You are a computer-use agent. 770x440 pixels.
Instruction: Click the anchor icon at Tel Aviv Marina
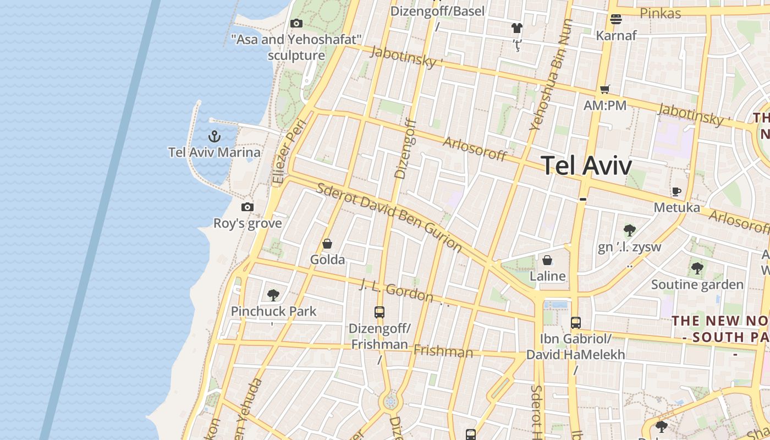point(215,136)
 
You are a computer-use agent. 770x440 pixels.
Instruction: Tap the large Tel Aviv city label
point(586,165)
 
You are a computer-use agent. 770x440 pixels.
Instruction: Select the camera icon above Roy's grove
point(248,207)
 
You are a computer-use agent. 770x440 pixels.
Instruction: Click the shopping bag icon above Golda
point(327,244)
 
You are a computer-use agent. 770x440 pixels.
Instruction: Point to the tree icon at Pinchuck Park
point(273,295)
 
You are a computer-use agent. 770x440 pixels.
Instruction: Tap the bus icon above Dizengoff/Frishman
point(380,312)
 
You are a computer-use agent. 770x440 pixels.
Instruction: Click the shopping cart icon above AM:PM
point(605,89)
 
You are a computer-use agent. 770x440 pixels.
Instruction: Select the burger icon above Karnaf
point(616,19)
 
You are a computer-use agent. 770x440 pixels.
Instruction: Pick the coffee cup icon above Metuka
point(676,191)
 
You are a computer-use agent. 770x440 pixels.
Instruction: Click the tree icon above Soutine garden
point(697,268)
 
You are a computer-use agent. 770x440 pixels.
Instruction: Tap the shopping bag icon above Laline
point(547,260)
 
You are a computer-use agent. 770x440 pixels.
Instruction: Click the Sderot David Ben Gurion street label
point(389,217)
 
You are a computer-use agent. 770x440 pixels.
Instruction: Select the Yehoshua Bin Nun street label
point(551,75)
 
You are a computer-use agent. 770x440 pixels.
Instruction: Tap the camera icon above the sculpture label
point(296,23)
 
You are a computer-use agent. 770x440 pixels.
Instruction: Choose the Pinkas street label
point(661,13)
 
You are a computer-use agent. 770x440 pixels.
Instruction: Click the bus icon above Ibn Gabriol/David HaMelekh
point(576,323)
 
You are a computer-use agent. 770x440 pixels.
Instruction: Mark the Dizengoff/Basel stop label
point(437,11)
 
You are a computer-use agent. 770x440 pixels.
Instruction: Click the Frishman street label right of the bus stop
point(443,351)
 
